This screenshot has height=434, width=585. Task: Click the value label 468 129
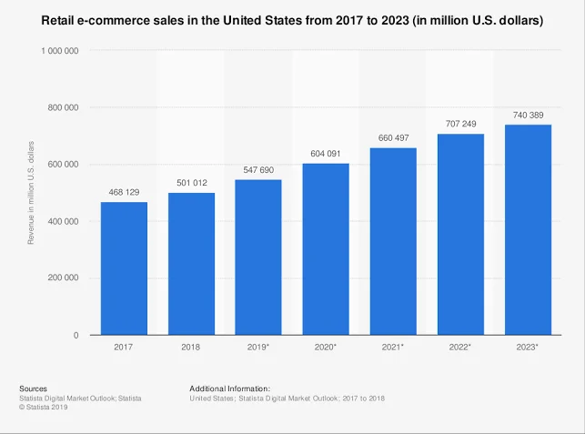coord(124,192)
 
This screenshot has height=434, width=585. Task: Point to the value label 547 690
coord(258,169)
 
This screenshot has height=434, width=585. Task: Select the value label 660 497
coord(393,137)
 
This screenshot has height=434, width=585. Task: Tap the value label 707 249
coord(460,124)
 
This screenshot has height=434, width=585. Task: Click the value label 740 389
coord(528,115)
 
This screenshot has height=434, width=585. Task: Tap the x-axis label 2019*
coord(258,348)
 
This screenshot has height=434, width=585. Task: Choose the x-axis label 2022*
coord(460,348)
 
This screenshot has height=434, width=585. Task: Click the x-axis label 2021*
coord(393,348)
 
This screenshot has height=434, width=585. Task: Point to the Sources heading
coord(34,389)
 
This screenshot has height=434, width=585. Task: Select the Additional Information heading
coord(230,389)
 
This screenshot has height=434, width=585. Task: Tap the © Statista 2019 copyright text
coord(44,407)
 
